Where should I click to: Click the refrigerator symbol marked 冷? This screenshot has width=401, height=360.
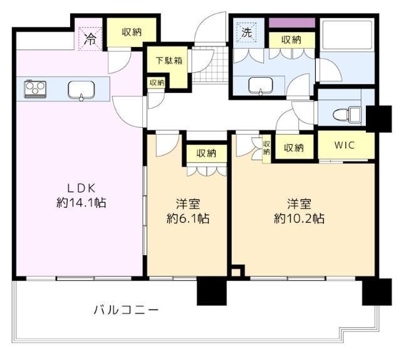pyautogui.click(x=90, y=38)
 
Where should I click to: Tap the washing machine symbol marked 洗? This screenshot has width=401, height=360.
pyautogui.click(x=247, y=33)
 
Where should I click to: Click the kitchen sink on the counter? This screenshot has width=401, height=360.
pyautogui.click(x=81, y=89)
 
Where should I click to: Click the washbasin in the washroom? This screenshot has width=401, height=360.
pyautogui.click(x=257, y=85)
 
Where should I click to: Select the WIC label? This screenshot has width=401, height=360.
pyautogui.click(x=344, y=146)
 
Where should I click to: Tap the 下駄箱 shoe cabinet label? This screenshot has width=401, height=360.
pyautogui.click(x=169, y=61)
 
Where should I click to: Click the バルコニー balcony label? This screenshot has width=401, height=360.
pyautogui.click(x=126, y=309)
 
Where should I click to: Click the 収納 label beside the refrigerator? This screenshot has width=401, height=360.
pyautogui.click(x=131, y=32)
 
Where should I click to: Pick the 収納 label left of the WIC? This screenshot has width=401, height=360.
pyautogui.click(x=294, y=148)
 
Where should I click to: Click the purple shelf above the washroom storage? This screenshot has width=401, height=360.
pyautogui.click(x=291, y=23)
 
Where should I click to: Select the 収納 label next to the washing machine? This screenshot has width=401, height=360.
pyautogui.click(x=291, y=40)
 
